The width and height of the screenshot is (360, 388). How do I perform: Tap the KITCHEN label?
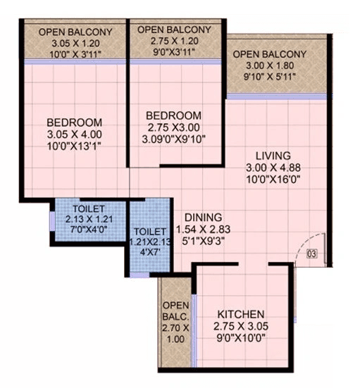[240, 313]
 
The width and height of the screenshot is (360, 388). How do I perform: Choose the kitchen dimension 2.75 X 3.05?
[240, 326]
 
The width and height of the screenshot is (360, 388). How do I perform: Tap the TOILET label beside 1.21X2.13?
[150, 232]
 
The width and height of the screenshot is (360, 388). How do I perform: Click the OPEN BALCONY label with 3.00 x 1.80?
[270, 54]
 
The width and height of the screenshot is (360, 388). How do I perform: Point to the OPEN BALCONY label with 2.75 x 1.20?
[174, 30]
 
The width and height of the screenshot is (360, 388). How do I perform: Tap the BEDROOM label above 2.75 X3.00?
[174, 115]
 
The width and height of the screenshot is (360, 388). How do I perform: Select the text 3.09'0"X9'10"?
[174, 140]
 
